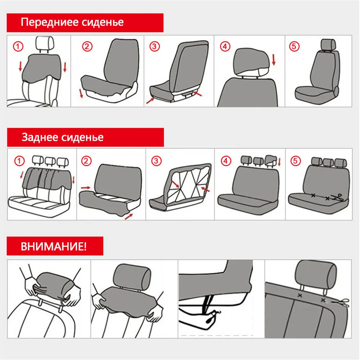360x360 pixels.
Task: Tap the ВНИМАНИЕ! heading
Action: (54, 247)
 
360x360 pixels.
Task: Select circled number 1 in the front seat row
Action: (18, 46)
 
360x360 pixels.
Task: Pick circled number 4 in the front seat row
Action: (225, 46)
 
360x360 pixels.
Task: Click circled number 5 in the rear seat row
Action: (296, 161)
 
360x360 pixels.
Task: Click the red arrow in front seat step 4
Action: (273, 60)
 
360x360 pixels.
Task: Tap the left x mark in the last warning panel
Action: (299, 295)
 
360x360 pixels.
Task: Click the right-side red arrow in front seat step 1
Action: (65, 67)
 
